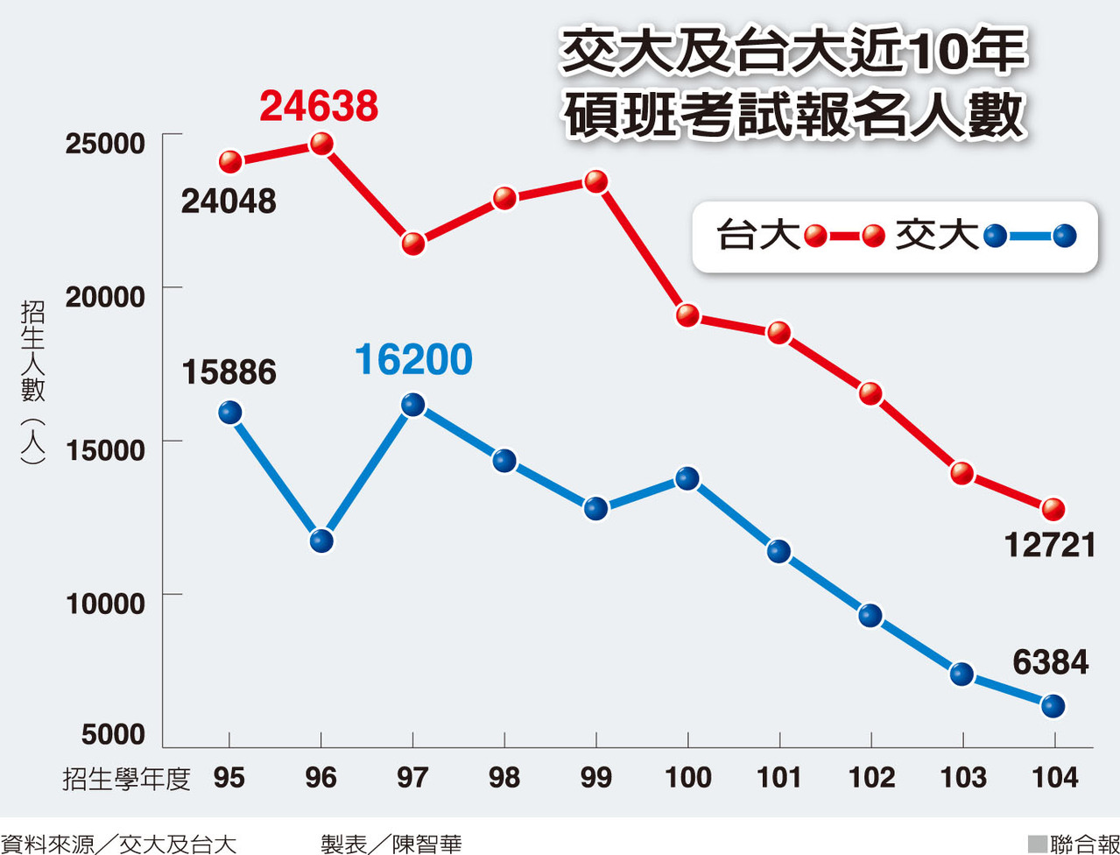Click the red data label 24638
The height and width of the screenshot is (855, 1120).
click(320, 106)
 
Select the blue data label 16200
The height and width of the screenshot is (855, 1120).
click(414, 360)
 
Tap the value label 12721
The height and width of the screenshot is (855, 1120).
click(1050, 546)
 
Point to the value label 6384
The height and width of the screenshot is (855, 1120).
click(1050, 662)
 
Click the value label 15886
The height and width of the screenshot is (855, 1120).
click(229, 373)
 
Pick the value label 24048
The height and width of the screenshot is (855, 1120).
click(229, 202)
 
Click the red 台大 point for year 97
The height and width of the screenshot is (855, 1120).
click(413, 244)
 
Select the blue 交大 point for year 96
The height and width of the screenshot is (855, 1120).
click(321, 541)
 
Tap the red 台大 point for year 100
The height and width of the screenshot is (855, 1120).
click(687, 315)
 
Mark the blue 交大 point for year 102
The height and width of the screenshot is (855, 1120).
click(870, 615)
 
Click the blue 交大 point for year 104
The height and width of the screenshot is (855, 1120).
click(1053, 705)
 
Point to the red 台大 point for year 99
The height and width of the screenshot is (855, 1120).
click(596, 182)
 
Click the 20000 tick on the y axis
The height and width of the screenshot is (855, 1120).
click(104, 296)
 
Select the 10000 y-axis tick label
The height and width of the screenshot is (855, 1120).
click(104, 603)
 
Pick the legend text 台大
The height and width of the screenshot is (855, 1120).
click(758, 236)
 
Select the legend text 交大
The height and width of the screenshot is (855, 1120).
click(936, 236)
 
